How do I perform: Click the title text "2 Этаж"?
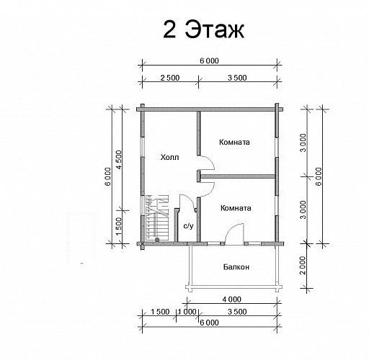[x=204, y=30]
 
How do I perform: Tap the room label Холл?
[x=169, y=158]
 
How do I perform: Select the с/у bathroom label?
[x=188, y=225]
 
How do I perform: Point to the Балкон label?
[x=236, y=267]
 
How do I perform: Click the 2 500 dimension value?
[x=170, y=78]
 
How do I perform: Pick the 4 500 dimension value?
[x=119, y=160]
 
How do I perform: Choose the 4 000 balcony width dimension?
[x=231, y=300]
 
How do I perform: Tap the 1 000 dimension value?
[x=187, y=312]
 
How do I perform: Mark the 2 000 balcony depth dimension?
[x=303, y=265]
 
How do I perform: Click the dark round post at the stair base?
[x=157, y=240]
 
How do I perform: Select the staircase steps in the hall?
[x=157, y=217]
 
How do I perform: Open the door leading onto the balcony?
[x=234, y=234]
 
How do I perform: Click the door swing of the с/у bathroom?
[x=188, y=201]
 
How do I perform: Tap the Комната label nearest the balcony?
[x=236, y=208]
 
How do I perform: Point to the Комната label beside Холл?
[x=234, y=142]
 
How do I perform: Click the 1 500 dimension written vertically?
[x=119, y=227]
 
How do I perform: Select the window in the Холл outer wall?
[x=143, y=147]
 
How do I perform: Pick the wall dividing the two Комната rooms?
[x=238, y=176]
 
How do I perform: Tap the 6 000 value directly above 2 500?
[x=209, y=60]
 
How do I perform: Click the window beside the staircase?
[x=143, y=205]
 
